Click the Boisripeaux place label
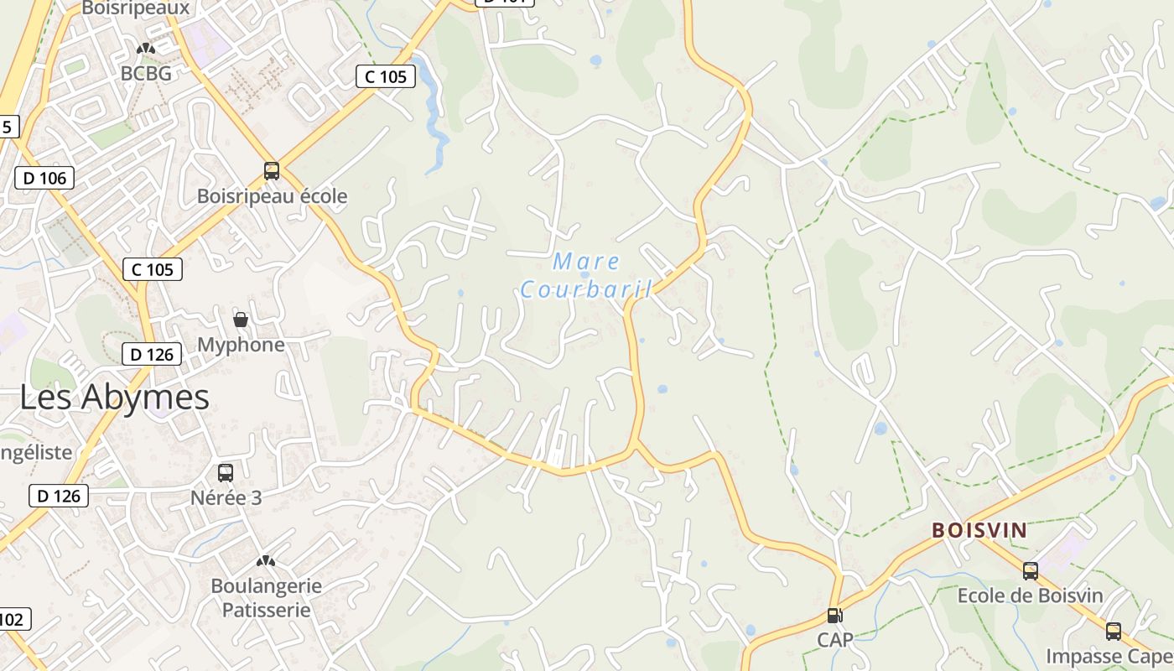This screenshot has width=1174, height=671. point(136,8)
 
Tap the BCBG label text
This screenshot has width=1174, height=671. point(146,74)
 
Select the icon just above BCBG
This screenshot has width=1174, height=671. point(146,49)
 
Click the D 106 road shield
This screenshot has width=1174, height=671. point(44,178)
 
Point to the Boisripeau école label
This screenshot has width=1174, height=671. point(272,196)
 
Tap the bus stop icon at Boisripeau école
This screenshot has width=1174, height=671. point(272,171)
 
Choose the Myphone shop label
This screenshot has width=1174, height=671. point(241,345)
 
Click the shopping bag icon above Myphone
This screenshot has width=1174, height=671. point(241,320)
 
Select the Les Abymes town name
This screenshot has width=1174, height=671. point(114,397)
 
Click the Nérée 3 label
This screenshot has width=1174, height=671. point(226,497)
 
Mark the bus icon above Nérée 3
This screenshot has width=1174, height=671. point(226,472)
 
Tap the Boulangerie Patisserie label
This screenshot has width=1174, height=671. point(266,597)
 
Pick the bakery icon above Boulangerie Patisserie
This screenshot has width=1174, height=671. point(266,560)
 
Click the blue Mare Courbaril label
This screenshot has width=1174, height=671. point(586,276)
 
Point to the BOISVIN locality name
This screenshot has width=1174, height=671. point(979,530)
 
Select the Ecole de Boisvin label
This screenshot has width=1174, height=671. point(1031,596)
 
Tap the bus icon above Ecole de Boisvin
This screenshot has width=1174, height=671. point(1031,571)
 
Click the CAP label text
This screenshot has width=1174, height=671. point(835,640)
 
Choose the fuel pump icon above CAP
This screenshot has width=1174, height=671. point(834,616)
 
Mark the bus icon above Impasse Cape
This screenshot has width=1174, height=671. point(1114,632)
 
